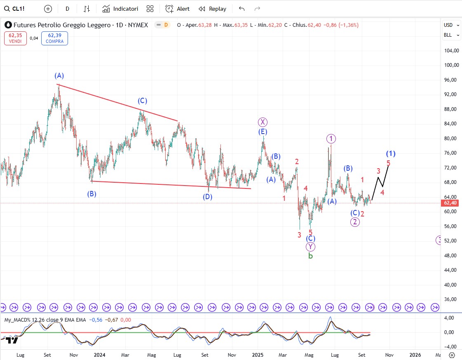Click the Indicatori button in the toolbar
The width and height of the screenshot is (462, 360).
[x=120, y=9]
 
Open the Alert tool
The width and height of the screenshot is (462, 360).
[x=177, y=9]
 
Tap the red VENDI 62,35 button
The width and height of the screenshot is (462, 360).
[x=15, y=38]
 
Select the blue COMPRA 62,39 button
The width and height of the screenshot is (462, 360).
[x=54, y=38]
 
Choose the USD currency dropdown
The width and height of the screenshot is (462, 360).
[x=450, y=25]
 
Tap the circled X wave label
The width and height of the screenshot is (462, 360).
[x=263, y=122]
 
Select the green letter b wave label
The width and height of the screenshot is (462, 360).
[x=310, y=256]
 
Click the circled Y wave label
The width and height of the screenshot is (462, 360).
[x=310, y=247]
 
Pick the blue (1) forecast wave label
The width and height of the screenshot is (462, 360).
[x=391, y=154]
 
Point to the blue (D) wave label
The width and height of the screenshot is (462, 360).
[x=207, y=197]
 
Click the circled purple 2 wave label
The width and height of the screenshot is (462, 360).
[x=355, y=222]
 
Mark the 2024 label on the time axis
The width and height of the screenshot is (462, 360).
[x=99, y=355]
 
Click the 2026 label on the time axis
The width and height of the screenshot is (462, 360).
[x=415, y=355]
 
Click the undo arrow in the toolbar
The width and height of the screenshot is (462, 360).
[x=242, y=9]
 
